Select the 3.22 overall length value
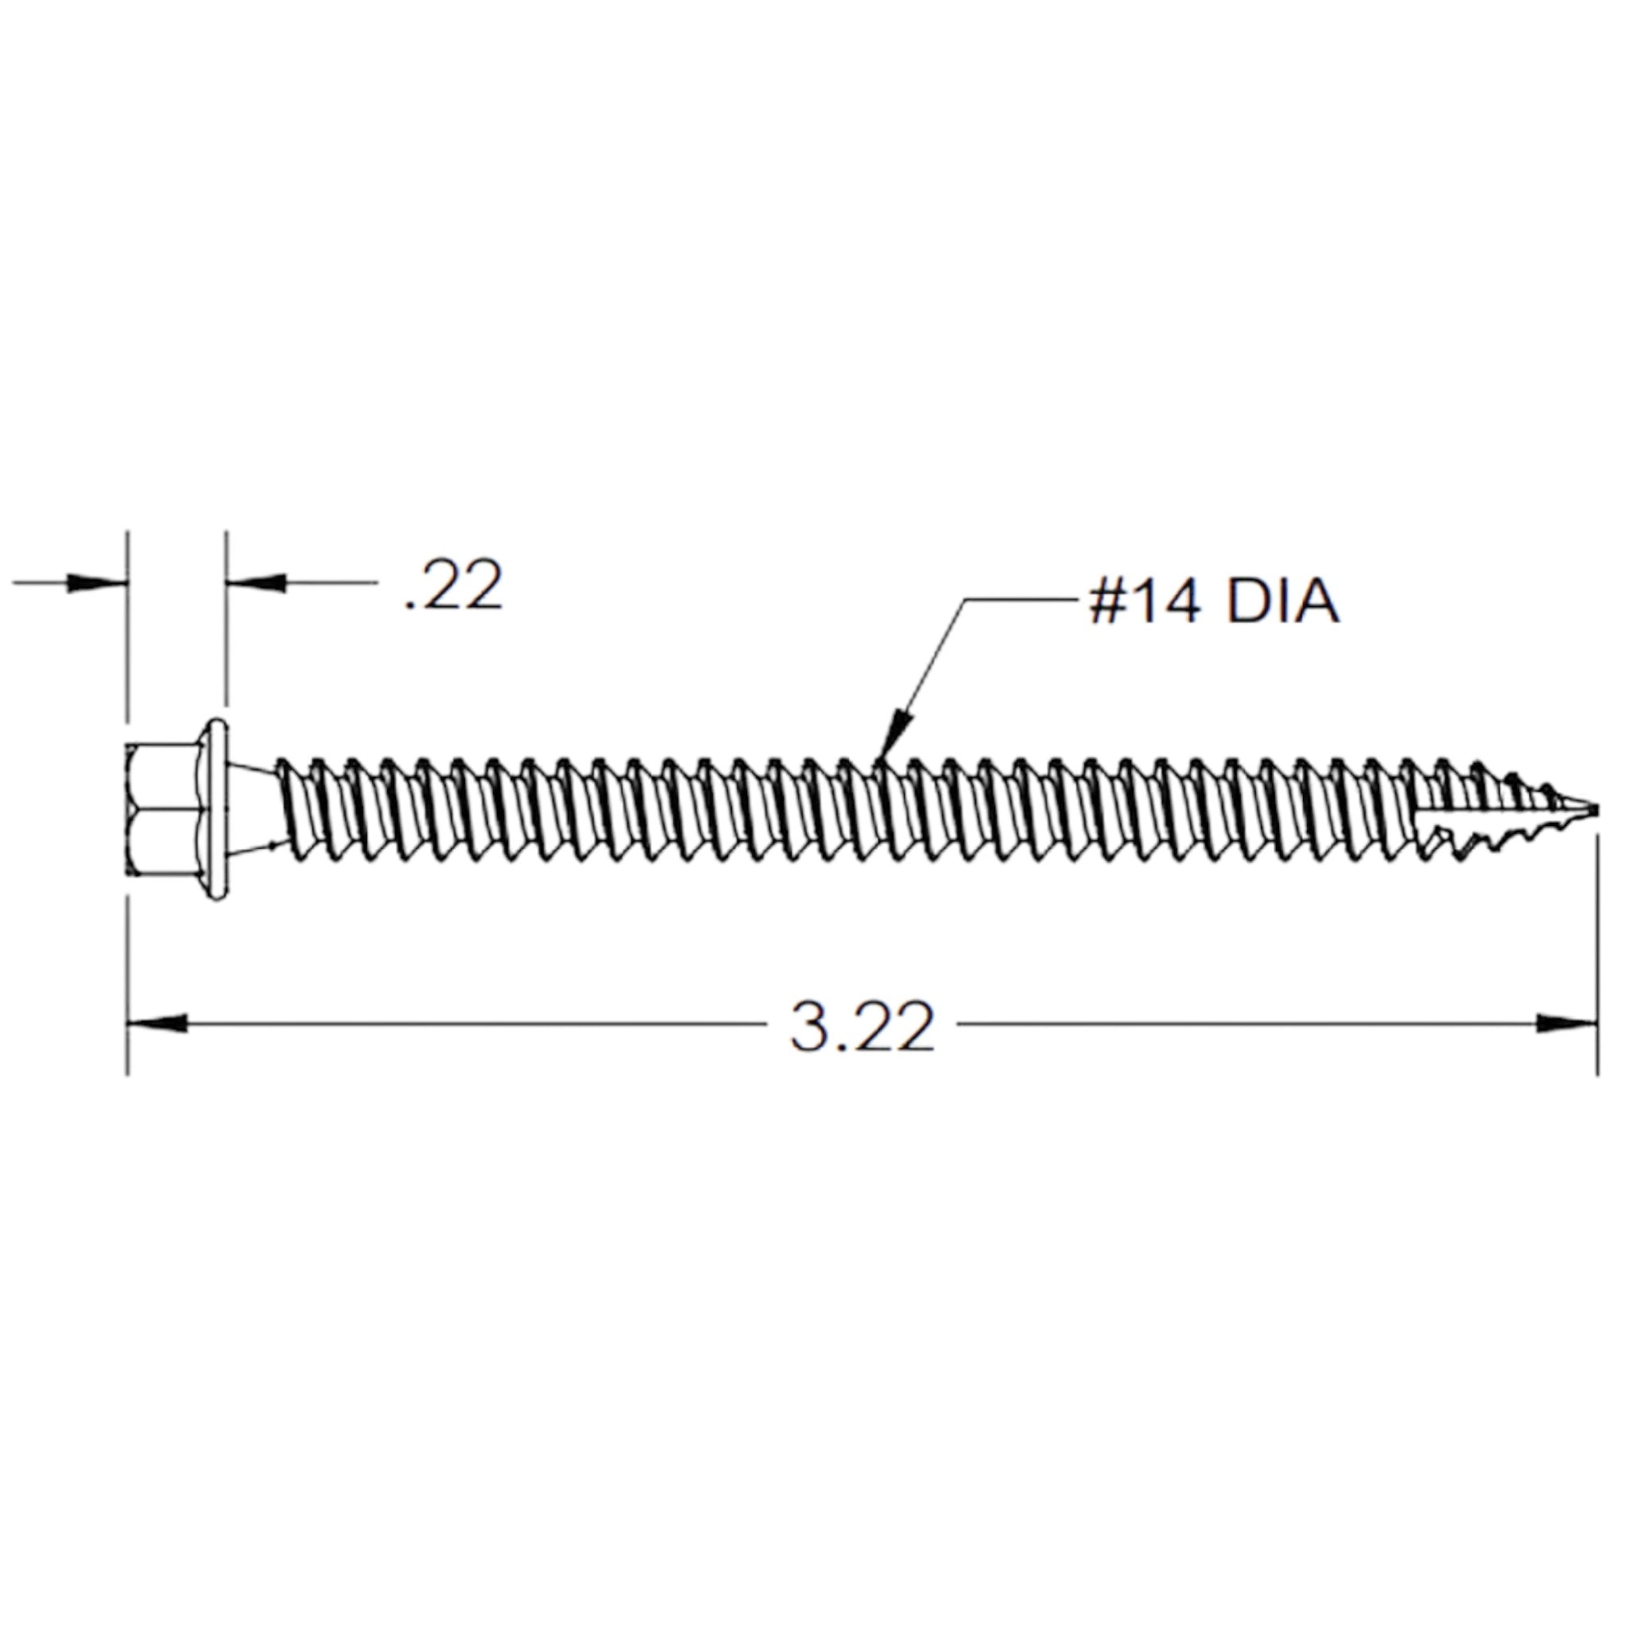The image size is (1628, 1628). (862, 1027)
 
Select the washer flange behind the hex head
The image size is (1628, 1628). (217, 809)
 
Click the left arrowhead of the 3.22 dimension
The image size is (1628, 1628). (157, 1023)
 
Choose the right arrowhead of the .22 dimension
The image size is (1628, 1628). (258, 582)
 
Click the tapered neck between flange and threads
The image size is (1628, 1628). (252, 809)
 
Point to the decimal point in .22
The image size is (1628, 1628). (410, 605)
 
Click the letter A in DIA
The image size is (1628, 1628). (1317, 602)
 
